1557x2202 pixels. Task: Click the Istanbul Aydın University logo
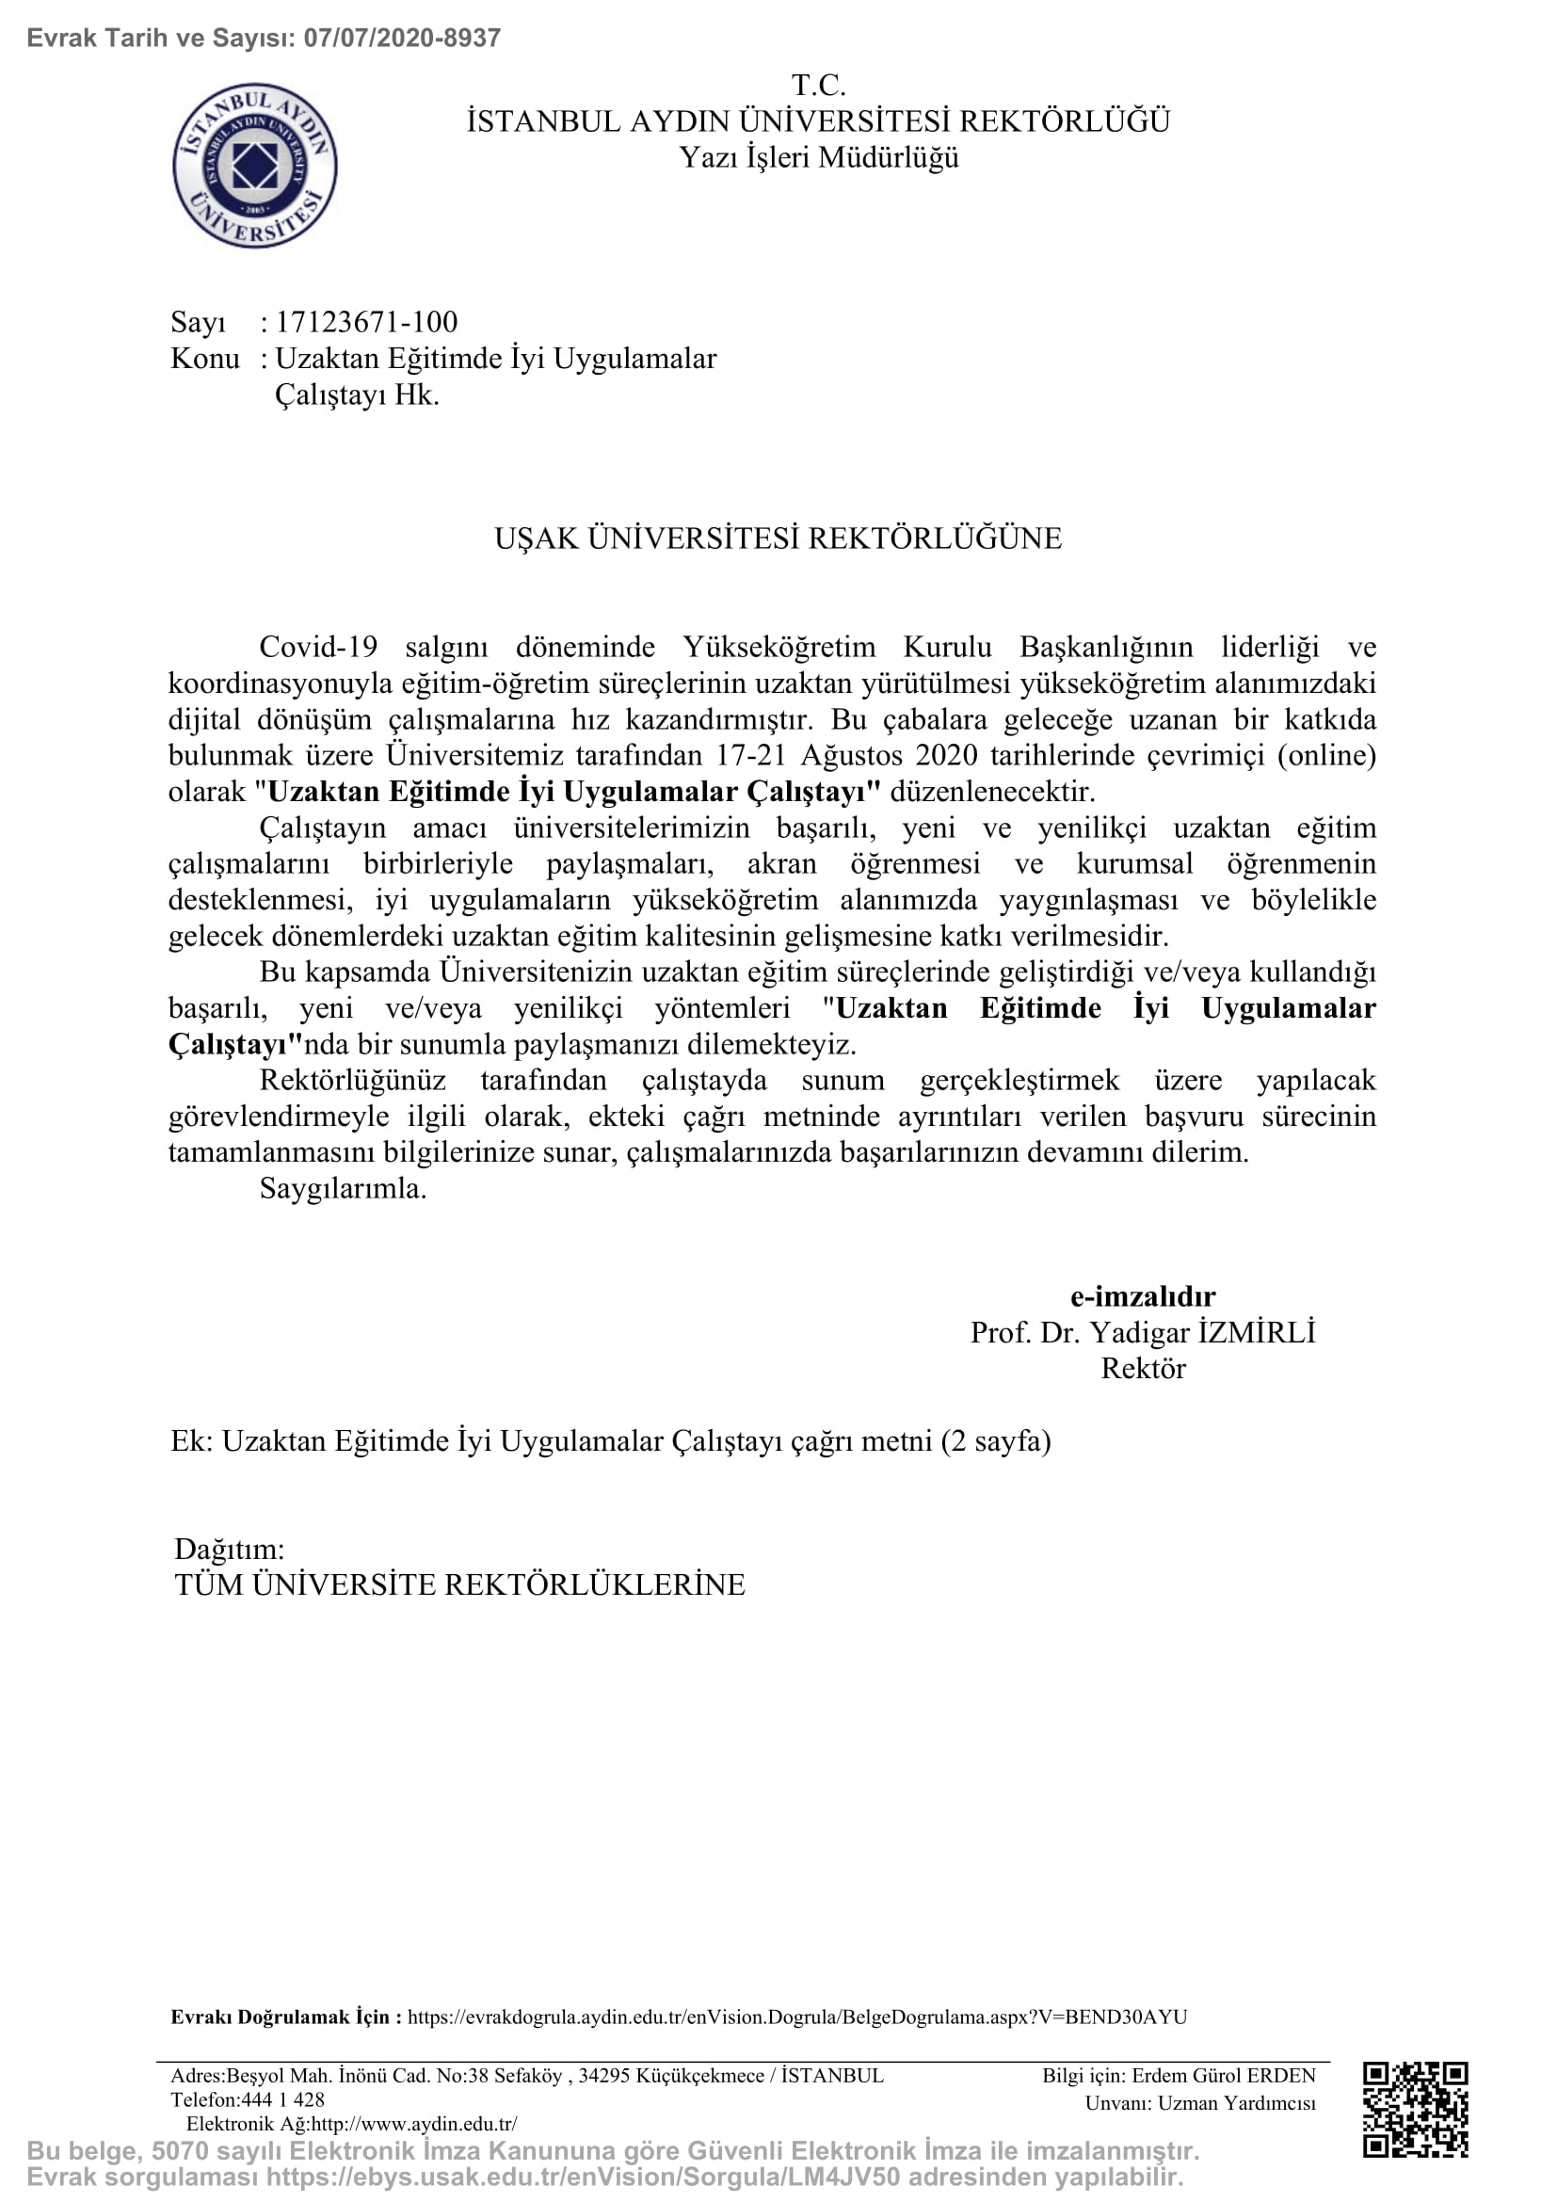click(255, 166)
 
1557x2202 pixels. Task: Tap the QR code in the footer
click(1415, 2110)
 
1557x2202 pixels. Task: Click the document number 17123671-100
click(366, 322)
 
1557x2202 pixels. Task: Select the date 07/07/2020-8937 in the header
click(402, 39)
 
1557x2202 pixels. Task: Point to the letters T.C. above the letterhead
click(818, 87)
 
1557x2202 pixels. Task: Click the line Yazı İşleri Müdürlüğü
click(818, 158)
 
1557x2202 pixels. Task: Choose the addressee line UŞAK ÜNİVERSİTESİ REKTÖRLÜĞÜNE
click(778, 539)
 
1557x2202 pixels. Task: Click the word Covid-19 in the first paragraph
click(318, 648)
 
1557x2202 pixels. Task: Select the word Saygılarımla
click(343, 1189)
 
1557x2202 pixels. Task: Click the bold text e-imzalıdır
click(1142, 1296)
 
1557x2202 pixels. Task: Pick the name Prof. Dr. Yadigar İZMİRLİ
click(1142, 1333)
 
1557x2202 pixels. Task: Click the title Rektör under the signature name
click(1142, 1369)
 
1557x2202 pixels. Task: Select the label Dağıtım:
click(229, 1549)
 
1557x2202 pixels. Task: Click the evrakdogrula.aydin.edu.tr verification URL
click(796, 2017)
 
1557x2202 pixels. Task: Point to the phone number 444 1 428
click(283, 2099)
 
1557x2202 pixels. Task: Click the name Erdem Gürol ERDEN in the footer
click(1224, 2077)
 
